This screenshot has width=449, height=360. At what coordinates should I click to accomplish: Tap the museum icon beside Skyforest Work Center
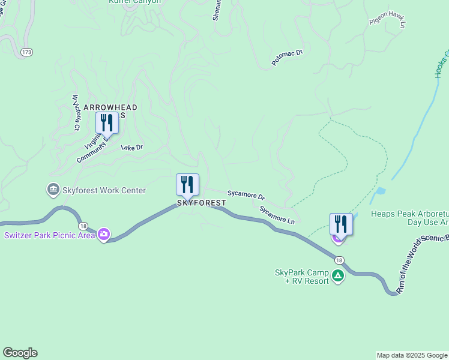click(x=53, y=190)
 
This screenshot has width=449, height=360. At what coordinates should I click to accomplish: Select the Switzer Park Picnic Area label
click(x=50, y=235)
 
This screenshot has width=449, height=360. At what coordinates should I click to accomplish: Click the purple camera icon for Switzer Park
click(x=104, y=234)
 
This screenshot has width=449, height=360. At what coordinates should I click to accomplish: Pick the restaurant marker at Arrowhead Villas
click(x=107, y=122)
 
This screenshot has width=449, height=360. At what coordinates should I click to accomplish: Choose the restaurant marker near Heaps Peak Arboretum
click(x=341, y=224)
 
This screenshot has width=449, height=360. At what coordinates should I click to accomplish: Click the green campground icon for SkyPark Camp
click(x=338, y=276)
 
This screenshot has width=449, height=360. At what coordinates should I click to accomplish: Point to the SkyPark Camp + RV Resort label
click(x=302, y=277)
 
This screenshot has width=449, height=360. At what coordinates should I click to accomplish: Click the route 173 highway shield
click(x=26, y=53)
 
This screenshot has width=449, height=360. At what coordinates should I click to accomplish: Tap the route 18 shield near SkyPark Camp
click(x=339, y=260)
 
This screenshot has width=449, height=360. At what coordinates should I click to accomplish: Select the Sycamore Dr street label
click(x=246, y=195)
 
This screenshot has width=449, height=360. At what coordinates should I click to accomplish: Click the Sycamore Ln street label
click(x=277, y=215)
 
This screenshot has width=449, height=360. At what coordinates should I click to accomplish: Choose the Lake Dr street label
click(x=132, y=147)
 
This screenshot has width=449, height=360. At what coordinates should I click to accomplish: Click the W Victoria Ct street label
click(x=76, y=112)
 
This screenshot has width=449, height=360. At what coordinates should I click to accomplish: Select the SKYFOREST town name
click(x=202, y=203)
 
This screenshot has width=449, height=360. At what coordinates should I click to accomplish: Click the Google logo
click(x=20, y=353)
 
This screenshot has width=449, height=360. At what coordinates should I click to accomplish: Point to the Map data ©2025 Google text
click(x=412, y=355)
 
